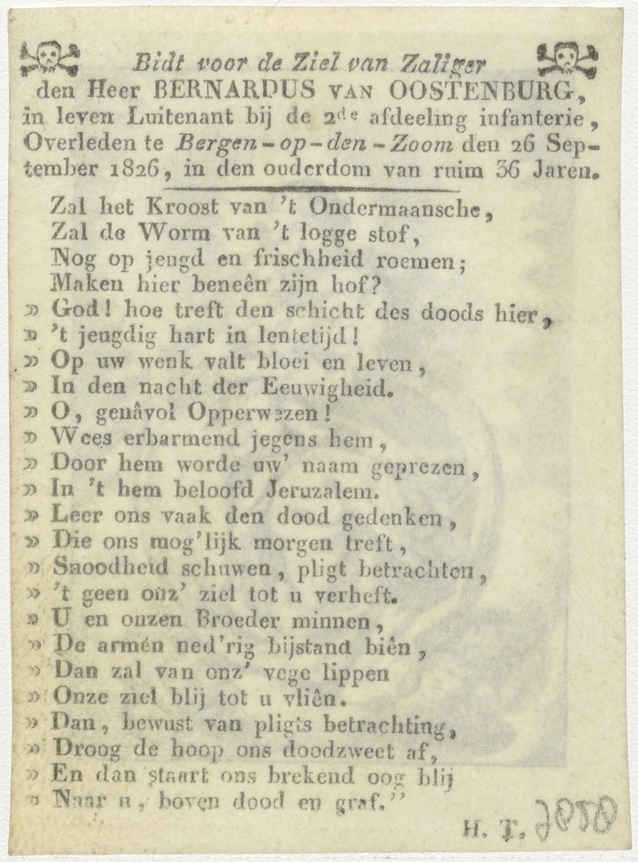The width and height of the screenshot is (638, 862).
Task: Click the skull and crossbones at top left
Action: coord(50,57)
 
